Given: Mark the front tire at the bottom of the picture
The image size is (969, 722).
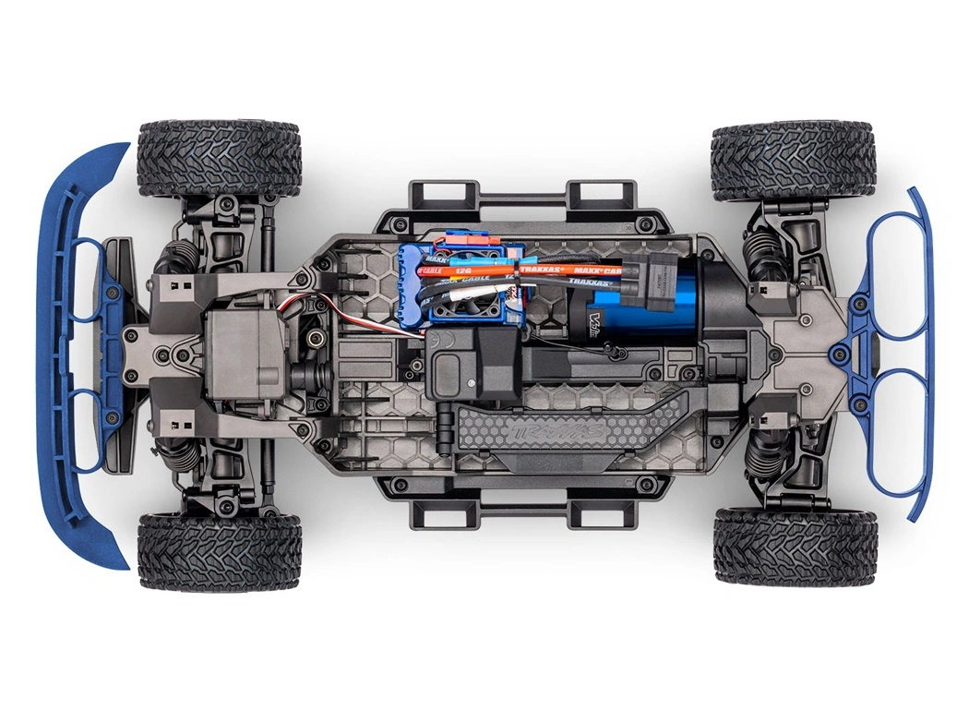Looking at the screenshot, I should pos(219,551).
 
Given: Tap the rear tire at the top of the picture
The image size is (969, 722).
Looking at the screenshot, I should pos(793,159).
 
